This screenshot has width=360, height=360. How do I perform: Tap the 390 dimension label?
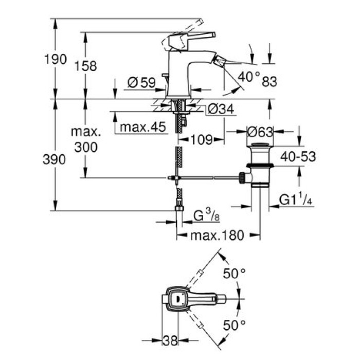55,160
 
